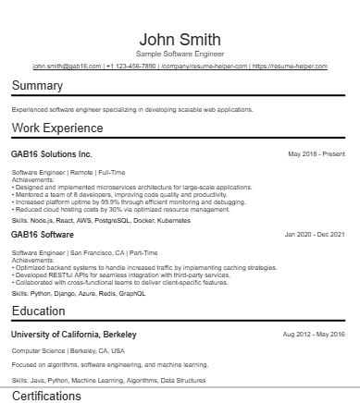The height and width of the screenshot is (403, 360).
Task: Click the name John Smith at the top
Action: tap(180, 39)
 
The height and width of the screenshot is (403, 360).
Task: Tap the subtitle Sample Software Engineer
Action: tap(180, 55)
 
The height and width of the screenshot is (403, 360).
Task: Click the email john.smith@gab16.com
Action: tap(67, 67)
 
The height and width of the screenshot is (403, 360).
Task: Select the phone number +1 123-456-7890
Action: tap(130, 67)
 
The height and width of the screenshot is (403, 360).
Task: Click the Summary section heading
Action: tap(37, 86)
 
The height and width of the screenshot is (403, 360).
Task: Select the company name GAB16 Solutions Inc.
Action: tap(52, 153)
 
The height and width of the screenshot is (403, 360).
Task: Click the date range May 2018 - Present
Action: tap(317, 153)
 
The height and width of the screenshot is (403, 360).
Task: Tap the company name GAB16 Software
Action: tap(43, 235)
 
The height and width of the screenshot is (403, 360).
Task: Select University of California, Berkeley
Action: tap(74, 333)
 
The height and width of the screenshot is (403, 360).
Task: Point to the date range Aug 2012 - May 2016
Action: tap(313, 333)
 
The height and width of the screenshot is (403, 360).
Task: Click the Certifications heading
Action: tap(46, 396)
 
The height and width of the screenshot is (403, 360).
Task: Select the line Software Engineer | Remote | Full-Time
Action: tap(68, 172)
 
